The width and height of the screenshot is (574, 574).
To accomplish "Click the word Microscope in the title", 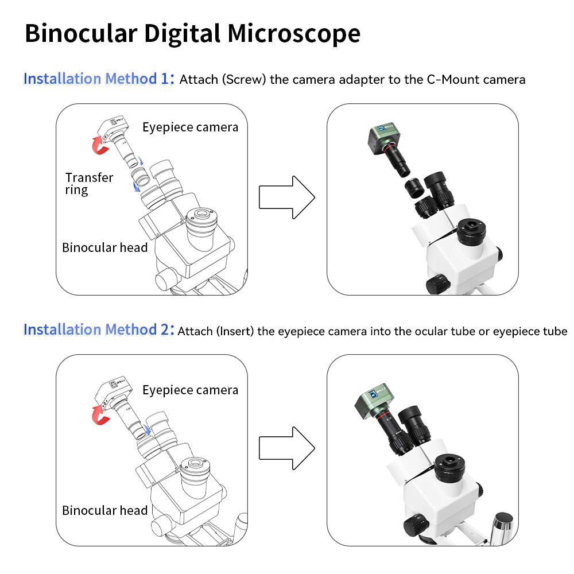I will [293, 34].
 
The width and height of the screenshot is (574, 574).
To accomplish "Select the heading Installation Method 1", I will [98, 79].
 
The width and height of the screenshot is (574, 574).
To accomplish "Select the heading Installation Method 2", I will [98, 329].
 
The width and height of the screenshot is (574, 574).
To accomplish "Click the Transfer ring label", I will [89, 184].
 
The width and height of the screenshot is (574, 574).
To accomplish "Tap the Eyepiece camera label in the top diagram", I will [190, 127].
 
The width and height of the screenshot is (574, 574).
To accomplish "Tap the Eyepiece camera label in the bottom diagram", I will [190, 390].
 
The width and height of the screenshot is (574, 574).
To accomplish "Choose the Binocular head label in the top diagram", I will [104, 248].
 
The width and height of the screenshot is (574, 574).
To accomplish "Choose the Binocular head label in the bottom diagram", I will [104, 510].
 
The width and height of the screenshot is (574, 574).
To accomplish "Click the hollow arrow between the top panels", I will [286, 197].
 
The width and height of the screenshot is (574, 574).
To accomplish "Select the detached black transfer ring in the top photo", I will [413, 188].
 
